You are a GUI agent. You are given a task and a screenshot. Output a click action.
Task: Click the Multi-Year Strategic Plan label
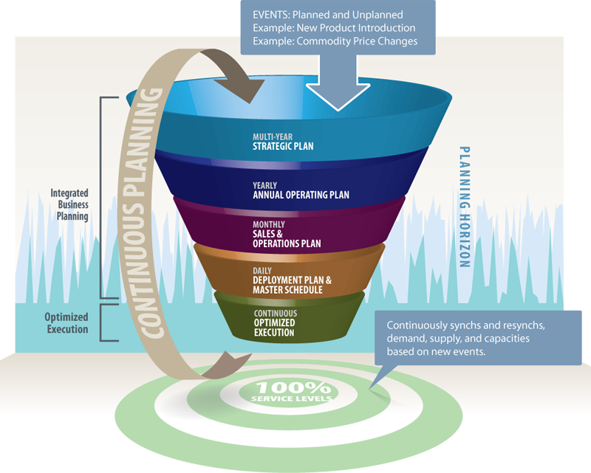pos(282,142)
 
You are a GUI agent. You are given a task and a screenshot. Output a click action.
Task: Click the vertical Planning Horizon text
pos(465,207)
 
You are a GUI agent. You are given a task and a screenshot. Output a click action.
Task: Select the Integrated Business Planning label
pos(69,205)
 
